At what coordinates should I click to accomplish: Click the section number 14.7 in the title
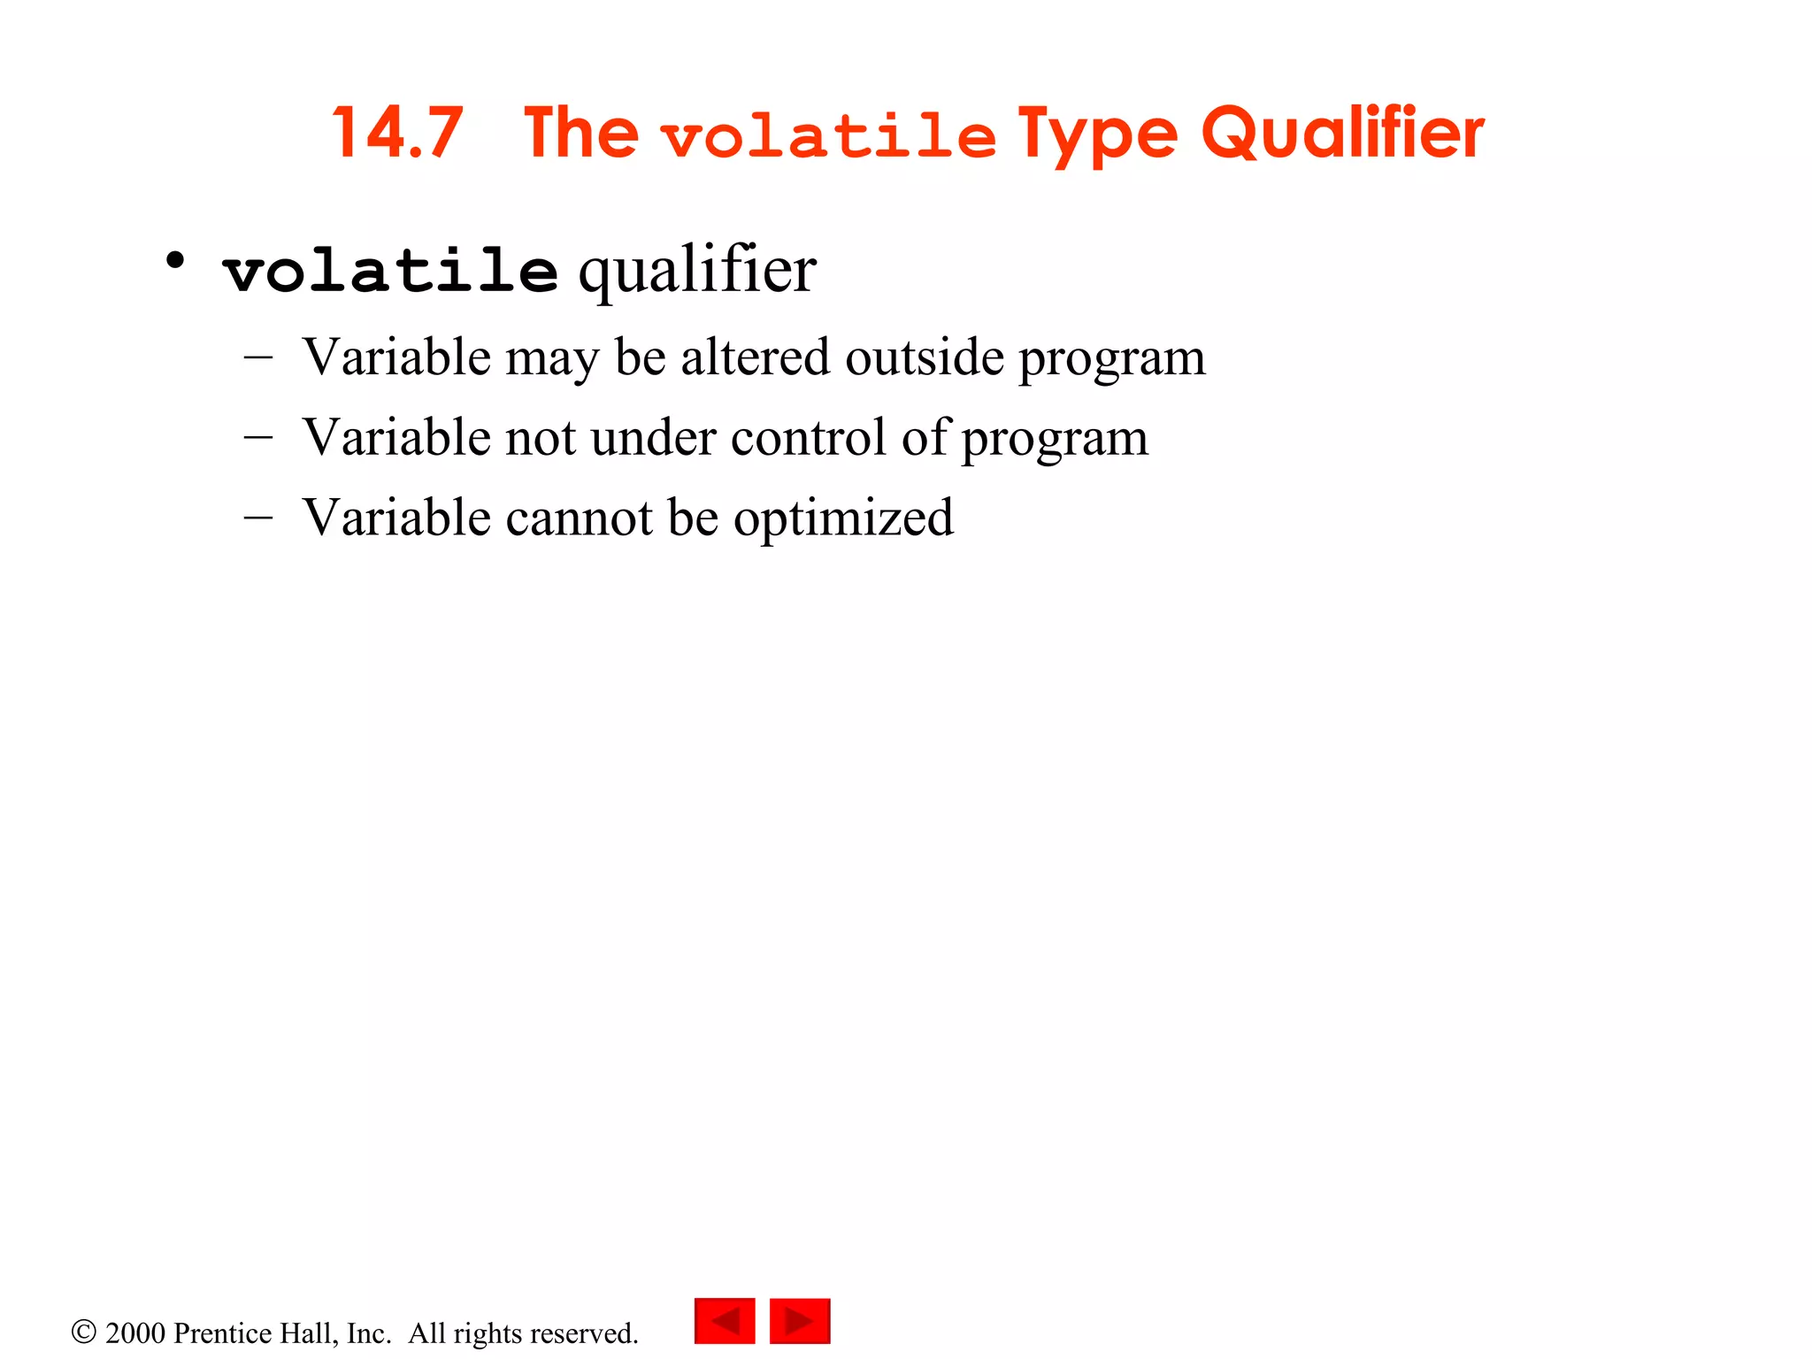pos(397,134)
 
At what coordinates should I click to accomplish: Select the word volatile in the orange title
pos(829,138)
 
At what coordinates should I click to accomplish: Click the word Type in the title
pos(1097,135)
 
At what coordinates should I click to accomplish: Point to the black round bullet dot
pos(175,261)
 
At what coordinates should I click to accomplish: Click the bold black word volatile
pos(390,270)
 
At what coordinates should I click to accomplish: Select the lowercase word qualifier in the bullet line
pos(697,270)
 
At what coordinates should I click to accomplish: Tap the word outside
pos(924,357)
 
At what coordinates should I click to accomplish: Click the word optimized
pos(843,519)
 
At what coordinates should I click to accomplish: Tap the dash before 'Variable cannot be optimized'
pos(257,517)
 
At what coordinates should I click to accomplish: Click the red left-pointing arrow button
pos(725,1321)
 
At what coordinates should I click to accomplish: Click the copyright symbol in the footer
pos(83,1332)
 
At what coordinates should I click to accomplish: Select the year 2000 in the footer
pos(134,1333)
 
